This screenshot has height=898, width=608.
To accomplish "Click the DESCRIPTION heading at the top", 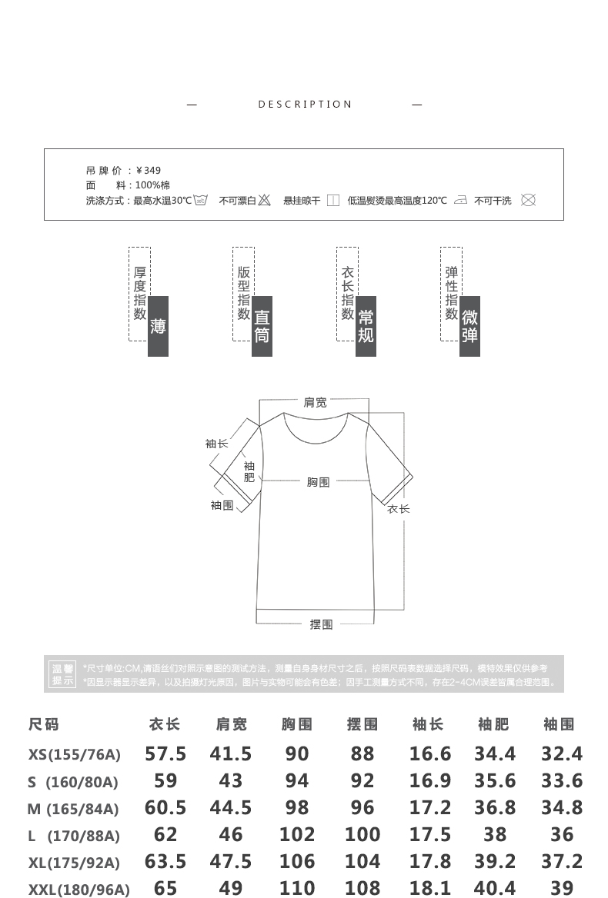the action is pos(305,105).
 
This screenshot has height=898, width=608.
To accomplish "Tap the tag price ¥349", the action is pos(149,171).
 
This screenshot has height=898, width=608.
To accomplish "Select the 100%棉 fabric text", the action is pos(153,185).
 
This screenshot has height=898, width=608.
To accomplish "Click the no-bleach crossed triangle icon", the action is pos(264,201).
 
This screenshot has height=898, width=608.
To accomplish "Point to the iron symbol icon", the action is pos(460,201).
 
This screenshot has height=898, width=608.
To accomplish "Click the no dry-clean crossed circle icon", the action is pos(528,201).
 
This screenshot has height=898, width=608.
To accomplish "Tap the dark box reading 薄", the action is pos(158,326).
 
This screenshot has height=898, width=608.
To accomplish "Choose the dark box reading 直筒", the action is pos(262,326).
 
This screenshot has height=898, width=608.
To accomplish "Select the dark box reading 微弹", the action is pos(469,326).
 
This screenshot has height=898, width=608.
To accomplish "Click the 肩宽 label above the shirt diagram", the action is pos(315,402).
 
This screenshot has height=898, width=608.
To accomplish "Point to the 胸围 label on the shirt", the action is pos(318,482).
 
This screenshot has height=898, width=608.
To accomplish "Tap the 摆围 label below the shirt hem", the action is pos(321,624).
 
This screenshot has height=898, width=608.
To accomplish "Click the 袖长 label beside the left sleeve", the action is pos(216,444).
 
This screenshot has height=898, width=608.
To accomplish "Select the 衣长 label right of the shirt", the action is pos(398,509).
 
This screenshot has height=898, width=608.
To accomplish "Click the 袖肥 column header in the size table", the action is pos(493,724).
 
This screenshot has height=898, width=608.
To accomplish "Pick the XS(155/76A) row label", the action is pos(75,754).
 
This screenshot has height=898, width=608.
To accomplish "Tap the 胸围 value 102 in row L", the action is pos(297,835).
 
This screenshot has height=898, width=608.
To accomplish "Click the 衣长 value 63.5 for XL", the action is pos(165,862).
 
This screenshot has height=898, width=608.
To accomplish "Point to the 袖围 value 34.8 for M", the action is pos(562,808).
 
